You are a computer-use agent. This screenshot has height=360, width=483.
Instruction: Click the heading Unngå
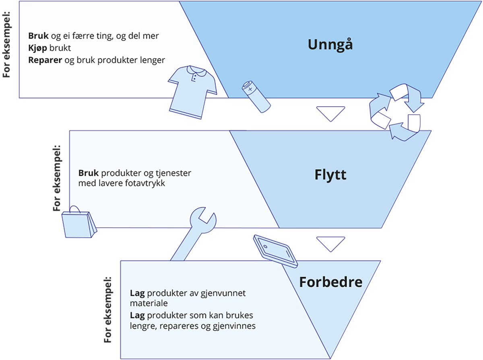pyautogui.click(x=330, y=44)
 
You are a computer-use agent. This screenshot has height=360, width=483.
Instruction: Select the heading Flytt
pyautogui.click(x=330, y=175)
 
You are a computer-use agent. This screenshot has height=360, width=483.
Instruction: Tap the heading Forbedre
pyautogui.click(x=330, y=282)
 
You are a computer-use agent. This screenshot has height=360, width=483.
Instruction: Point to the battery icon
pyautogui.click(x=256, y=96)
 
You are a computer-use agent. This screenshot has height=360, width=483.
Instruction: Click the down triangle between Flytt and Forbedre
pyautogui.click(x=330, y=244)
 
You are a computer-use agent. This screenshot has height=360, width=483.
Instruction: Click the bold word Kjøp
pyautogui.click(x=37, y=48)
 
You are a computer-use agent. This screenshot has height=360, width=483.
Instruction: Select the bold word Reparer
pyautogui.click(x=43, y=60)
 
